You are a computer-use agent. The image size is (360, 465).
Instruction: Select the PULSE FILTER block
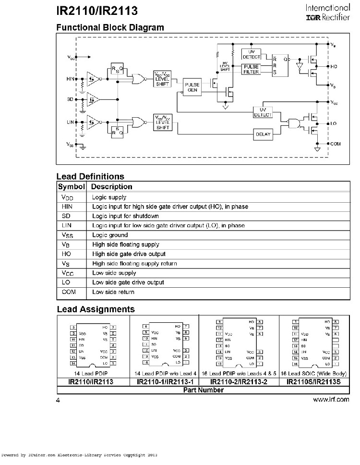[x=251, y=69]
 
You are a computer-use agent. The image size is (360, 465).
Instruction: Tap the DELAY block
[x=262, y=135]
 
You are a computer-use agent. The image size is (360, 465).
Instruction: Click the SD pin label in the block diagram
[x=70, y=99]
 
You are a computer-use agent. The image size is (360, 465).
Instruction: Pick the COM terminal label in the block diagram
[x=336, y=144]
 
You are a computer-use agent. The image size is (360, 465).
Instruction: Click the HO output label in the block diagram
[x=335, y=66]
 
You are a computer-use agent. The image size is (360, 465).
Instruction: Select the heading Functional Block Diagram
[x=110, y=27]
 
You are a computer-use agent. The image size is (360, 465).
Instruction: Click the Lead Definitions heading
[x=90, y=176]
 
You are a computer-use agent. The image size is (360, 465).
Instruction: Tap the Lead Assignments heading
[x=96, y=309]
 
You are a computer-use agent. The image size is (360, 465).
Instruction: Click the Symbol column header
[x=72, y=186]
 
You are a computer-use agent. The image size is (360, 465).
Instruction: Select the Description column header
[x=112, y=186]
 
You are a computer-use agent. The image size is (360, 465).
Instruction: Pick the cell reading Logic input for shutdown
[x=122, y=216]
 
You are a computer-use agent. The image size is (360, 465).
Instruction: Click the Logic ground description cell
[x=110, y=235]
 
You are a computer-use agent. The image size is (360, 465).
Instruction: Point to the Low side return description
[x=113, y=292]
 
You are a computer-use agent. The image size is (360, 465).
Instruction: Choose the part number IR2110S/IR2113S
[x=312, y=382]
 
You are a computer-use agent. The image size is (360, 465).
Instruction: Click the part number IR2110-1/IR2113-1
[x=165, y=382]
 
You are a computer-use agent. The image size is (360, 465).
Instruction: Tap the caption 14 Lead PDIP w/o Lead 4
[x=165, y=374]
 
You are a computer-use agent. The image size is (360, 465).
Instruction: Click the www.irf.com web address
[x=331, y=399]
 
